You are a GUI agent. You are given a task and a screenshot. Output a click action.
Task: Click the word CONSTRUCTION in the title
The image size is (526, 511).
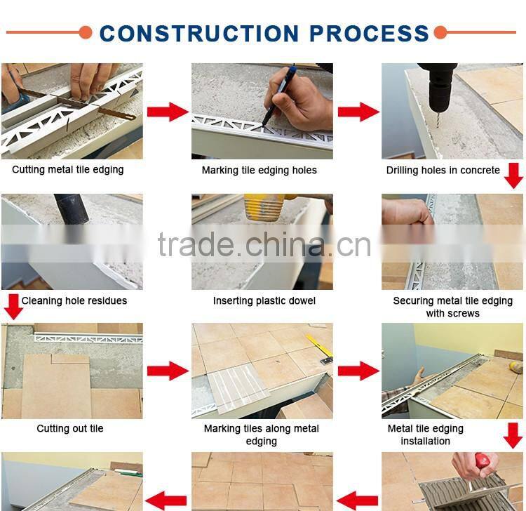coord(199,33)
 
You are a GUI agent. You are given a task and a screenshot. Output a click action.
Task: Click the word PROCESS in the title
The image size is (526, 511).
coord(369,33)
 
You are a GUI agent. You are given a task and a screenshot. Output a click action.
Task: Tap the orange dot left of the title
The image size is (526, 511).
coord(86,32)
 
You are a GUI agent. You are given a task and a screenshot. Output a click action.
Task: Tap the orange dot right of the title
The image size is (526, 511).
coord(440,32)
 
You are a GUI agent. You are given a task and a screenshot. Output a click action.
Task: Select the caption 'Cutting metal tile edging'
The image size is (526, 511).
coord(68,170)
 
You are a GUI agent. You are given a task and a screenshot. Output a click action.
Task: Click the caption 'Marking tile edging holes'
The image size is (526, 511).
coord(259,171)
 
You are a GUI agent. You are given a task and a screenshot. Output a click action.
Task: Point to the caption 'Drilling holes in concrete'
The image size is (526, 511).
coord(443,171)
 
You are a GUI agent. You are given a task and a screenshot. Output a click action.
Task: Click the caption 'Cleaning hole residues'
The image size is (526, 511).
coord(74,300)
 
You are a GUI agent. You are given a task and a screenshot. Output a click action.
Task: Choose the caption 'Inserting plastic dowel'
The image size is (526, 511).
coord(264,300)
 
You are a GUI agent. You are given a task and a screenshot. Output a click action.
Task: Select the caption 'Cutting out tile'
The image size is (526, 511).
coord(70,428)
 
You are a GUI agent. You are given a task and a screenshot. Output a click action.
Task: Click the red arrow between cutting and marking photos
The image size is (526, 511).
coord(168,112)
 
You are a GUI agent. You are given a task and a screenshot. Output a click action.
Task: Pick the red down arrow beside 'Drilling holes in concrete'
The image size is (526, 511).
coord(513,175)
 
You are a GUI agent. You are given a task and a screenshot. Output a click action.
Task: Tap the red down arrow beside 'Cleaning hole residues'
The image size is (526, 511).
coord(13,307)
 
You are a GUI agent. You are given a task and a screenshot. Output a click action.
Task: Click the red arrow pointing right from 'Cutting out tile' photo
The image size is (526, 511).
coord(168,371)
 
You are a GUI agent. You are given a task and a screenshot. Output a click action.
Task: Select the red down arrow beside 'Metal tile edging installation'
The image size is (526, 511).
coord(513,436)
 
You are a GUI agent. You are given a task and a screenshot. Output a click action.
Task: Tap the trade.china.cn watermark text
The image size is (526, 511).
coord(264,245)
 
